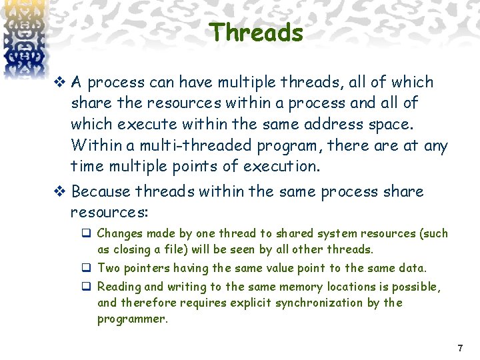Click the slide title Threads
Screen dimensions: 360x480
pyautogui.click(x=257, y=32)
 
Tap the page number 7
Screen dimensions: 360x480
pyautogui.click(x=459, y=348)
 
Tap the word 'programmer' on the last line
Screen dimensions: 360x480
pyautogui.click(x=131, y=319)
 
